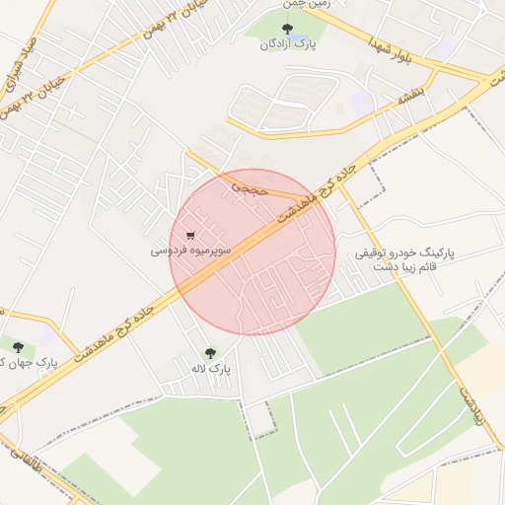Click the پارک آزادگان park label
(x=287, y=44)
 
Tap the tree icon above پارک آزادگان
(x=287, y=29)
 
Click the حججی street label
(x=251, y=186)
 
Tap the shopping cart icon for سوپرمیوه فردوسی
(x=190, y=236)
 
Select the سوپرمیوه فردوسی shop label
(x=190, y=252)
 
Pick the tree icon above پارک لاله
(x=210, y=352)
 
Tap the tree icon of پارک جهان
(x=18, y=346)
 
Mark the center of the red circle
(x=252, y=252)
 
